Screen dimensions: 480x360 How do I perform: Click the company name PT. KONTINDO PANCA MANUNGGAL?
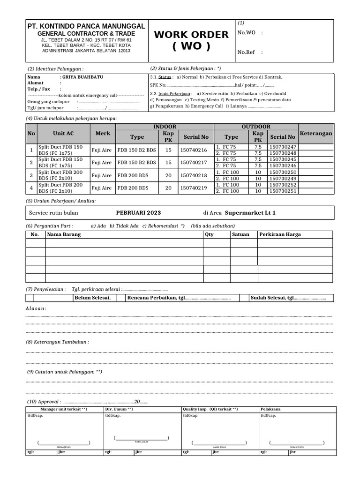pos(86,26)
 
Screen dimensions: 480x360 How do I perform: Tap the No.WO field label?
pos(247,32)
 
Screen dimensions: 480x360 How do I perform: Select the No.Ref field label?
pos(247,52)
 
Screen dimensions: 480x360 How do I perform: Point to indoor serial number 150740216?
pos(194,150)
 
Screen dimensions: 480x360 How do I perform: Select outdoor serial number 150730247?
pos(283,147)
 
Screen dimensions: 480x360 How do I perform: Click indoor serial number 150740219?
pos(194,188)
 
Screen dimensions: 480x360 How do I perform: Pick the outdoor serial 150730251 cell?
pos(283,191)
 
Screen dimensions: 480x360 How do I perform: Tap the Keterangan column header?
pos(316,134)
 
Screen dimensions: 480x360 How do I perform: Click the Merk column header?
pos(103,134)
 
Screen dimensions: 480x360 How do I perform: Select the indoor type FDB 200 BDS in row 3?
pos(133,175)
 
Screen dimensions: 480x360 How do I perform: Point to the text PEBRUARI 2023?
pos(138,213)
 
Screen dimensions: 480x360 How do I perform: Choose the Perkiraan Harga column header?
pos(280,234)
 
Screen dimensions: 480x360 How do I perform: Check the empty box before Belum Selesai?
pos(30,298)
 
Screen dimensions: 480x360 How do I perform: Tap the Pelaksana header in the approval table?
pos(271,409)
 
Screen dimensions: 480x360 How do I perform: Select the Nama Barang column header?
pos(64,234)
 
